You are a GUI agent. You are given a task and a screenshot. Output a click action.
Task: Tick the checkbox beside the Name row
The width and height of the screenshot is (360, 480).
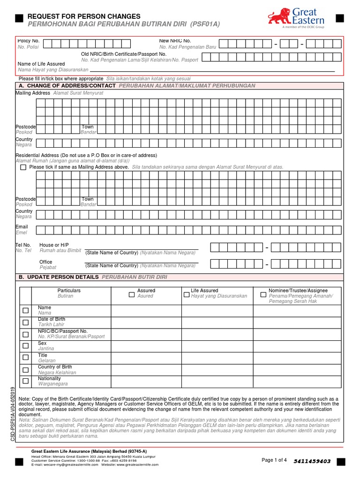pos(25,311)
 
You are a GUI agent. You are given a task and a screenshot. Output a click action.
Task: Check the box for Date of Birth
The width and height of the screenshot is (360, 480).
pos(25,322)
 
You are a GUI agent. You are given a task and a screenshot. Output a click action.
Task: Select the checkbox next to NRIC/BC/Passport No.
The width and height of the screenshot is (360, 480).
pos(25,334)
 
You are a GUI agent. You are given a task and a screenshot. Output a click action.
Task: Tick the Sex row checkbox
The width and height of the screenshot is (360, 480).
pos(25,346)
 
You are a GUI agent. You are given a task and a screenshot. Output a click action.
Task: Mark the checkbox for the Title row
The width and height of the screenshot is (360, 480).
pos(25,358)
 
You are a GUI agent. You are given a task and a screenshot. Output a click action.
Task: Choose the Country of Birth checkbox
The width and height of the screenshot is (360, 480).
pos(25,369)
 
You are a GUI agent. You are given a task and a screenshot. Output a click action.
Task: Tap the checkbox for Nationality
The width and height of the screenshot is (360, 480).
pos(25,381)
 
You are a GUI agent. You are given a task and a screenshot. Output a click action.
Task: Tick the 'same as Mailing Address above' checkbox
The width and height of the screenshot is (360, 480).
pos(23,167)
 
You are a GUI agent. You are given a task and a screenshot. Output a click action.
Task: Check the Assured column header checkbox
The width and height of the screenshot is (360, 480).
pos(132,295)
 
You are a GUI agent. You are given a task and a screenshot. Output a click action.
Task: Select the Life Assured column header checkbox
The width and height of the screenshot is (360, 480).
pos(187,295)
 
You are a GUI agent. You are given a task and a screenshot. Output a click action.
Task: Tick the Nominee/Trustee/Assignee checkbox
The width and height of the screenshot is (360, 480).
pos(263,295)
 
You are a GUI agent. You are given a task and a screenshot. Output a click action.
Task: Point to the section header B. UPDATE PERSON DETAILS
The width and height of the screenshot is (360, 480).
pos(59,277)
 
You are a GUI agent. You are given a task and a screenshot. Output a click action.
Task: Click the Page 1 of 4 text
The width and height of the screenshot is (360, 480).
pos(274,460)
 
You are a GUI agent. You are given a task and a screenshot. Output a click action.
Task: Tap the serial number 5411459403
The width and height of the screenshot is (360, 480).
pos(312,461)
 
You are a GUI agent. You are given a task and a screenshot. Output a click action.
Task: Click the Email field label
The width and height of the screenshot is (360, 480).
pos(22,227)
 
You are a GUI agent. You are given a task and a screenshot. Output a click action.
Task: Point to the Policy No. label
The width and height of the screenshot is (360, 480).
pos(29,41)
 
